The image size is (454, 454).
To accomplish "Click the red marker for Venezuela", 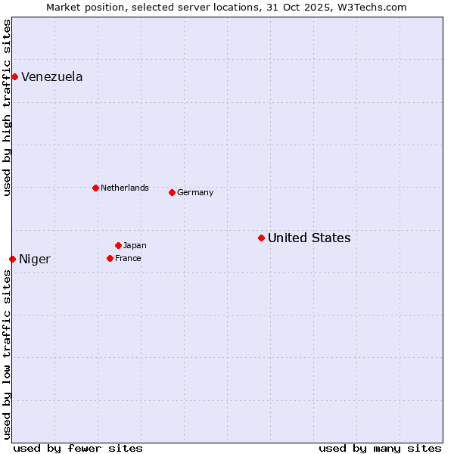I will coord(14,76).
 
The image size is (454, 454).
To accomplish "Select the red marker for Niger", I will coord(12,259).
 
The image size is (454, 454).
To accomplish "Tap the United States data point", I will coord(261,238).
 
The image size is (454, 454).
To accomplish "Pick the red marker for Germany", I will coord(172,192).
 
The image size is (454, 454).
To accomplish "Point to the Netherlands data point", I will coord(95,188).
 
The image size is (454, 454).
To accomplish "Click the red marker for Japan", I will coord(118,245).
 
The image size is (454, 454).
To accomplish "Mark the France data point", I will coord(110,258).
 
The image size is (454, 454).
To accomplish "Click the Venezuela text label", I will coord(52,76).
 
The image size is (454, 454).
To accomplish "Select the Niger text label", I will coord(35,260).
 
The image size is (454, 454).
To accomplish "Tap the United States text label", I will coord(309,238).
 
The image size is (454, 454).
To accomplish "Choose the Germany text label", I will coord(195,193).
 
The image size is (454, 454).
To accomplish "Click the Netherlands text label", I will coord(125,188).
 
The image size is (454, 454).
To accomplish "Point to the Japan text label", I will coord(135,246).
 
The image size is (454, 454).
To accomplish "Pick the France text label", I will coord(128,259).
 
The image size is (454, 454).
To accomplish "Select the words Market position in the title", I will coord(80,7).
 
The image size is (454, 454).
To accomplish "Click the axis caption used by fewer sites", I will coord(78,448).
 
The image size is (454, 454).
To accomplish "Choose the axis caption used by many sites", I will coord(380,448).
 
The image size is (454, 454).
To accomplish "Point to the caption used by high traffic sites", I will coord(7,107).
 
